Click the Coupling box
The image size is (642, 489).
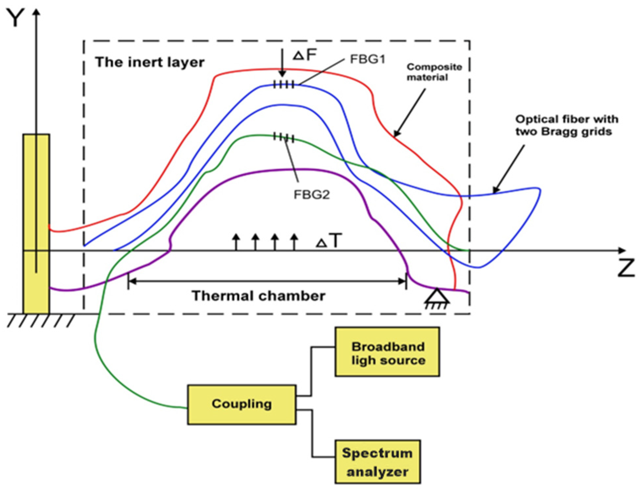coord(242,404)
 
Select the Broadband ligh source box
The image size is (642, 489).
coord(387,352)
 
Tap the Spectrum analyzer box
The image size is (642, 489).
coord(377,462)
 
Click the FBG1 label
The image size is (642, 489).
coord(367,59)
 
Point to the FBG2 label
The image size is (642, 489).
coord(311,195)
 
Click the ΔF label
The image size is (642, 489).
coord(305,55)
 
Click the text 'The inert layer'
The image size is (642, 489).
coord(150,62)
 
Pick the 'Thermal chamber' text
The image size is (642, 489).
coord(259,296)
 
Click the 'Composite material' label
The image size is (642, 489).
coord(434,72)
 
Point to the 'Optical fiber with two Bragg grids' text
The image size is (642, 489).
coord(566,125)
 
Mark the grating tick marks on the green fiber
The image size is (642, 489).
coord(284,137)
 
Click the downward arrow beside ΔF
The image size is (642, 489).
coord(282,63)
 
